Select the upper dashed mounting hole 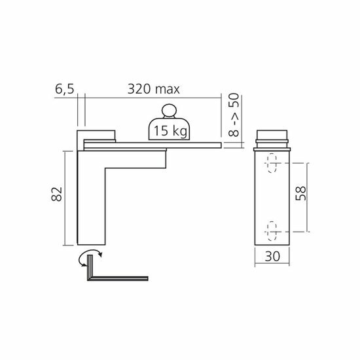273,162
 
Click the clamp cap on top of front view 274,138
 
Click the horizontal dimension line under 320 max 151,98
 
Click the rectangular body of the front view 274,196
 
